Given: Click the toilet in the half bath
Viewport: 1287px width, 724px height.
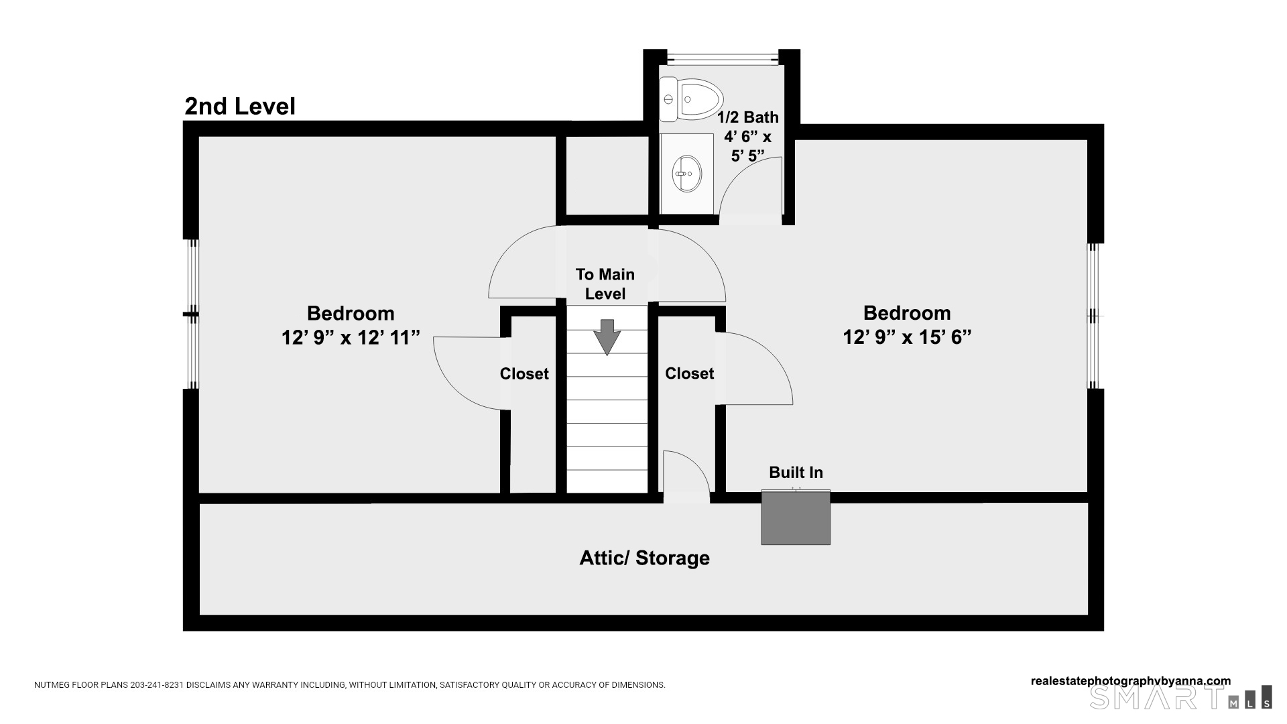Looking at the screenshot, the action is coord(690,99).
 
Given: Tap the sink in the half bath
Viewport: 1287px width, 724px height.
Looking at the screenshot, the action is coord(686,174).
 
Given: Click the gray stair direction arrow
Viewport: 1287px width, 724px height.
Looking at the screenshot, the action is coord(607,337).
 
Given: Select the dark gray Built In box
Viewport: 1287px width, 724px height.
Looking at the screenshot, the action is coord(796,518).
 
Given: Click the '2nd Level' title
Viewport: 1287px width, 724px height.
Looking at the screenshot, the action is coord(240,107).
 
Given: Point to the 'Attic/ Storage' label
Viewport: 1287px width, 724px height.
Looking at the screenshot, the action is coord(644,558).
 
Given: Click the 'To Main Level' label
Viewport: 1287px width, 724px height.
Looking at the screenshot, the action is coord(605,284).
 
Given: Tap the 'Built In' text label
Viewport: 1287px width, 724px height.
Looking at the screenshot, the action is coord(796,473).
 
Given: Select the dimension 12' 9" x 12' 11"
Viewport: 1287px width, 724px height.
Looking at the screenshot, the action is coord(351,337).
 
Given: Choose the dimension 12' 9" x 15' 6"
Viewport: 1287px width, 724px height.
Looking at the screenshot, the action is coord(907,337).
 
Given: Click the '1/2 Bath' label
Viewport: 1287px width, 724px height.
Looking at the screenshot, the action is coord(748,117).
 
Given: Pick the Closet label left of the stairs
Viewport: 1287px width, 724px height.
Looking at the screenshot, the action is coord(524,374).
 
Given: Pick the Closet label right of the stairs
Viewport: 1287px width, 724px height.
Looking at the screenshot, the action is coord(689,373).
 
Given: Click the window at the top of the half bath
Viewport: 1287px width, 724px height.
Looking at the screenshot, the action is coord(722,57).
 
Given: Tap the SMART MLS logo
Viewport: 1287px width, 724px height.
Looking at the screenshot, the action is coord(1180,698).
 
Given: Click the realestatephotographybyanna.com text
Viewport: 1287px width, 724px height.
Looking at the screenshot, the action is coord(1130,681).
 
